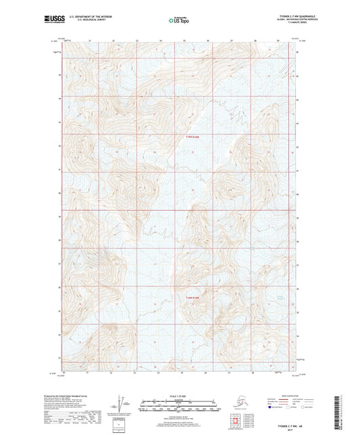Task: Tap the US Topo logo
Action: point(180,20)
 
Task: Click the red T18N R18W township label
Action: point(193,297)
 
